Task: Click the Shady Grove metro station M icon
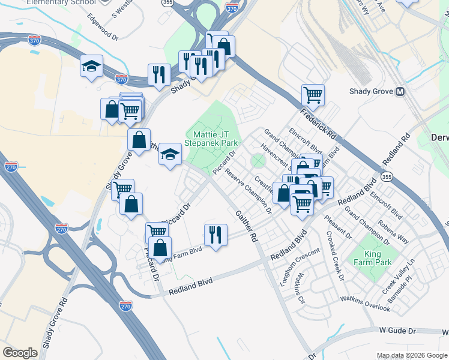point(400,92)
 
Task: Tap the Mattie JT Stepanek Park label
point(214,139)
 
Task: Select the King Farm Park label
point(372,257)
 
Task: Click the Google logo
point(20,353)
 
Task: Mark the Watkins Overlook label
point(365,304)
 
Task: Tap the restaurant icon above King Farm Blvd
point(215,235)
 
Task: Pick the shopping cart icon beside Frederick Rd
point(313,94)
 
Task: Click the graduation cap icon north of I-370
point(91,65)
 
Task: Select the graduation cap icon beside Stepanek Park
point(170,155)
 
